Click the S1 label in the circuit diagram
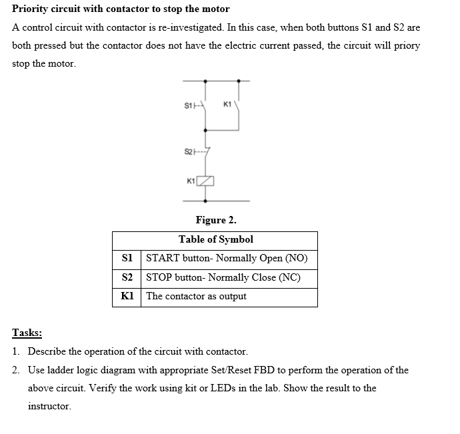188,105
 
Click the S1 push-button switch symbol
205,105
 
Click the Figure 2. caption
215,220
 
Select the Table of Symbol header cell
215,239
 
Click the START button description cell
227,259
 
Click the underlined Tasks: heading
27,333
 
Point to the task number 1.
15,351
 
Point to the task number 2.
15,369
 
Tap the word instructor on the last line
49,405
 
